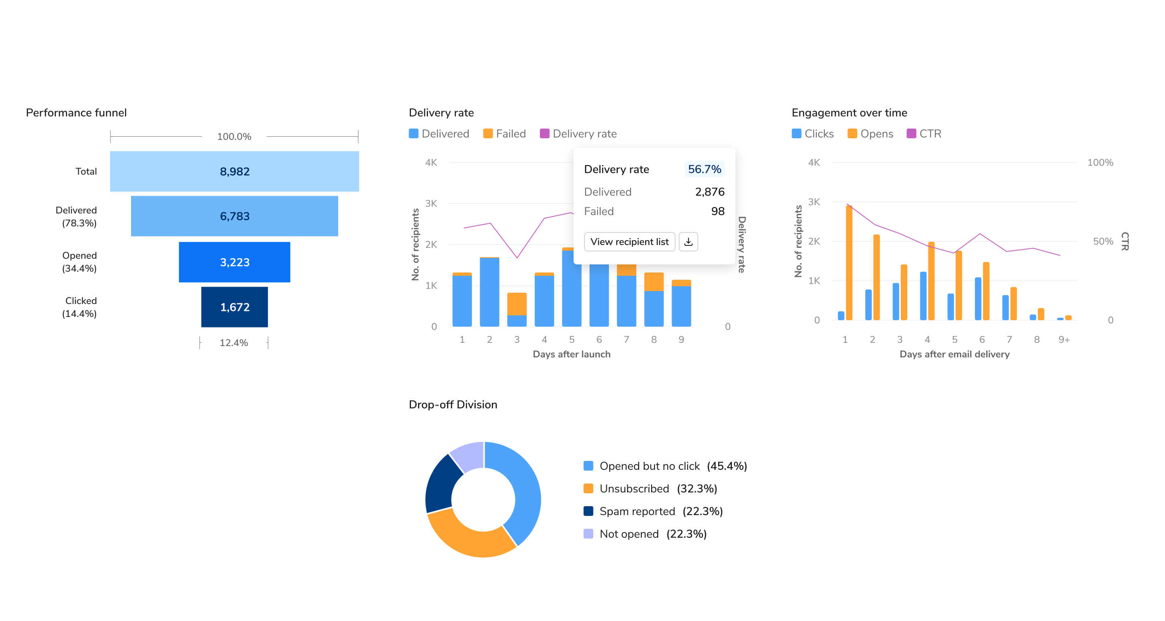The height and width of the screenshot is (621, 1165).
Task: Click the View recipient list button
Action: coord(629,242)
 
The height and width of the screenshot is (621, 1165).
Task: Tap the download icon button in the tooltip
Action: coord(688,242)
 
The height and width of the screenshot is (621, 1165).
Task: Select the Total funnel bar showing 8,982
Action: coord(234,171)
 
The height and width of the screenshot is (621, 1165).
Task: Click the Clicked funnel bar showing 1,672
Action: coord(234,307)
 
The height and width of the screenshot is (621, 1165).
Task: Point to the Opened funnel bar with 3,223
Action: coord(234,262)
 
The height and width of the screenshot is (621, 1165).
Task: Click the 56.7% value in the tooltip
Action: coord(704,169)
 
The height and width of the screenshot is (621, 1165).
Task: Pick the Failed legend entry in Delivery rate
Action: coord(505,133)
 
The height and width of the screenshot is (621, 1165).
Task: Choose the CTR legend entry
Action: coord(924,133)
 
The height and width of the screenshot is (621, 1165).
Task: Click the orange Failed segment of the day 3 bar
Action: coord(517,304)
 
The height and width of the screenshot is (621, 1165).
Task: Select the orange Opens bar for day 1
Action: coord(849,263)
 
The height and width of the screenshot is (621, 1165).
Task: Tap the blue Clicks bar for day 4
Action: coord(923,296)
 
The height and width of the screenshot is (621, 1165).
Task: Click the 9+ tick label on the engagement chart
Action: coord(1064,340)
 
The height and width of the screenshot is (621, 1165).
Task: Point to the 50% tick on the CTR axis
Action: coord(1103,241)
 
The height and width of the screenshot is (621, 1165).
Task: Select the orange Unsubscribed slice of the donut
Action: coord(470,537)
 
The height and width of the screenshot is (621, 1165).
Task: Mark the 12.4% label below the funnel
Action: coord(234,342)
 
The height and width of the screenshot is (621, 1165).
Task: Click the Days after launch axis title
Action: coord(572,354)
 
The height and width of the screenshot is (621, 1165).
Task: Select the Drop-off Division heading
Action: coord(453,405)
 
